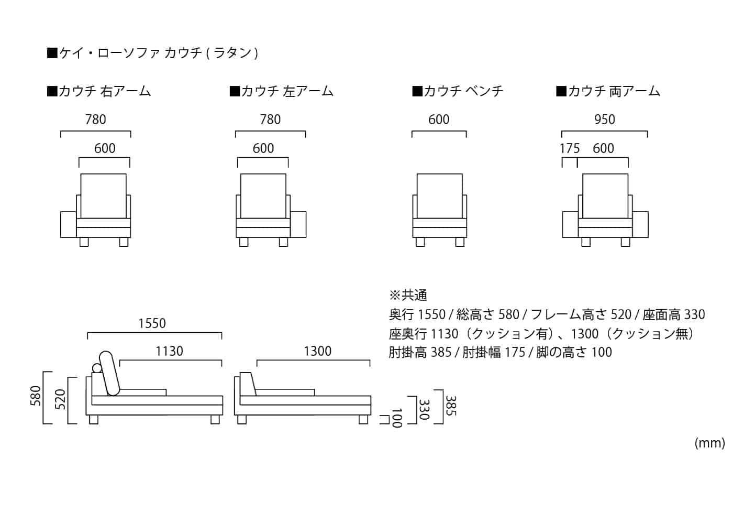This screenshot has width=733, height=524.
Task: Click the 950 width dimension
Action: click(604, 119)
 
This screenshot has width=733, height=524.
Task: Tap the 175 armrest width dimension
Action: click(570, 149)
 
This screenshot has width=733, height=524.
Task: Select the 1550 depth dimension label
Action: click(152, 324)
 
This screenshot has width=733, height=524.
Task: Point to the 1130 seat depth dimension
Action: click(169, 352)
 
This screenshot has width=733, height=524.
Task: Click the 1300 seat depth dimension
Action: click(317, 352)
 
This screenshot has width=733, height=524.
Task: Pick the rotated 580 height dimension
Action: click(36, 396)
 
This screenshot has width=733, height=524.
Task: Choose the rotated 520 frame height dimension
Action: click(60, 399)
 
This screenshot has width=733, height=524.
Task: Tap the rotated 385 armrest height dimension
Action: click(451, 406)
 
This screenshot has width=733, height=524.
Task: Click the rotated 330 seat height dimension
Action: click(424, 409)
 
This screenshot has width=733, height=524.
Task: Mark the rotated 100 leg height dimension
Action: click(397, 418)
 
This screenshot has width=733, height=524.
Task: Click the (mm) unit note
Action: click(710, 443)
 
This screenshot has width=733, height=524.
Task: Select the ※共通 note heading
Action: click(408, 296)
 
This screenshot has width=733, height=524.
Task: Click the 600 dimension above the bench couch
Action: click(439, 119)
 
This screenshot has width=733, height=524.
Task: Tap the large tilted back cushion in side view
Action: click(109, 373)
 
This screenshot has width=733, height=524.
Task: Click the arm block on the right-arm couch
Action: click(69, 224)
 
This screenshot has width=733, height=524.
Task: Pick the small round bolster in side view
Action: click(97, 368)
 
